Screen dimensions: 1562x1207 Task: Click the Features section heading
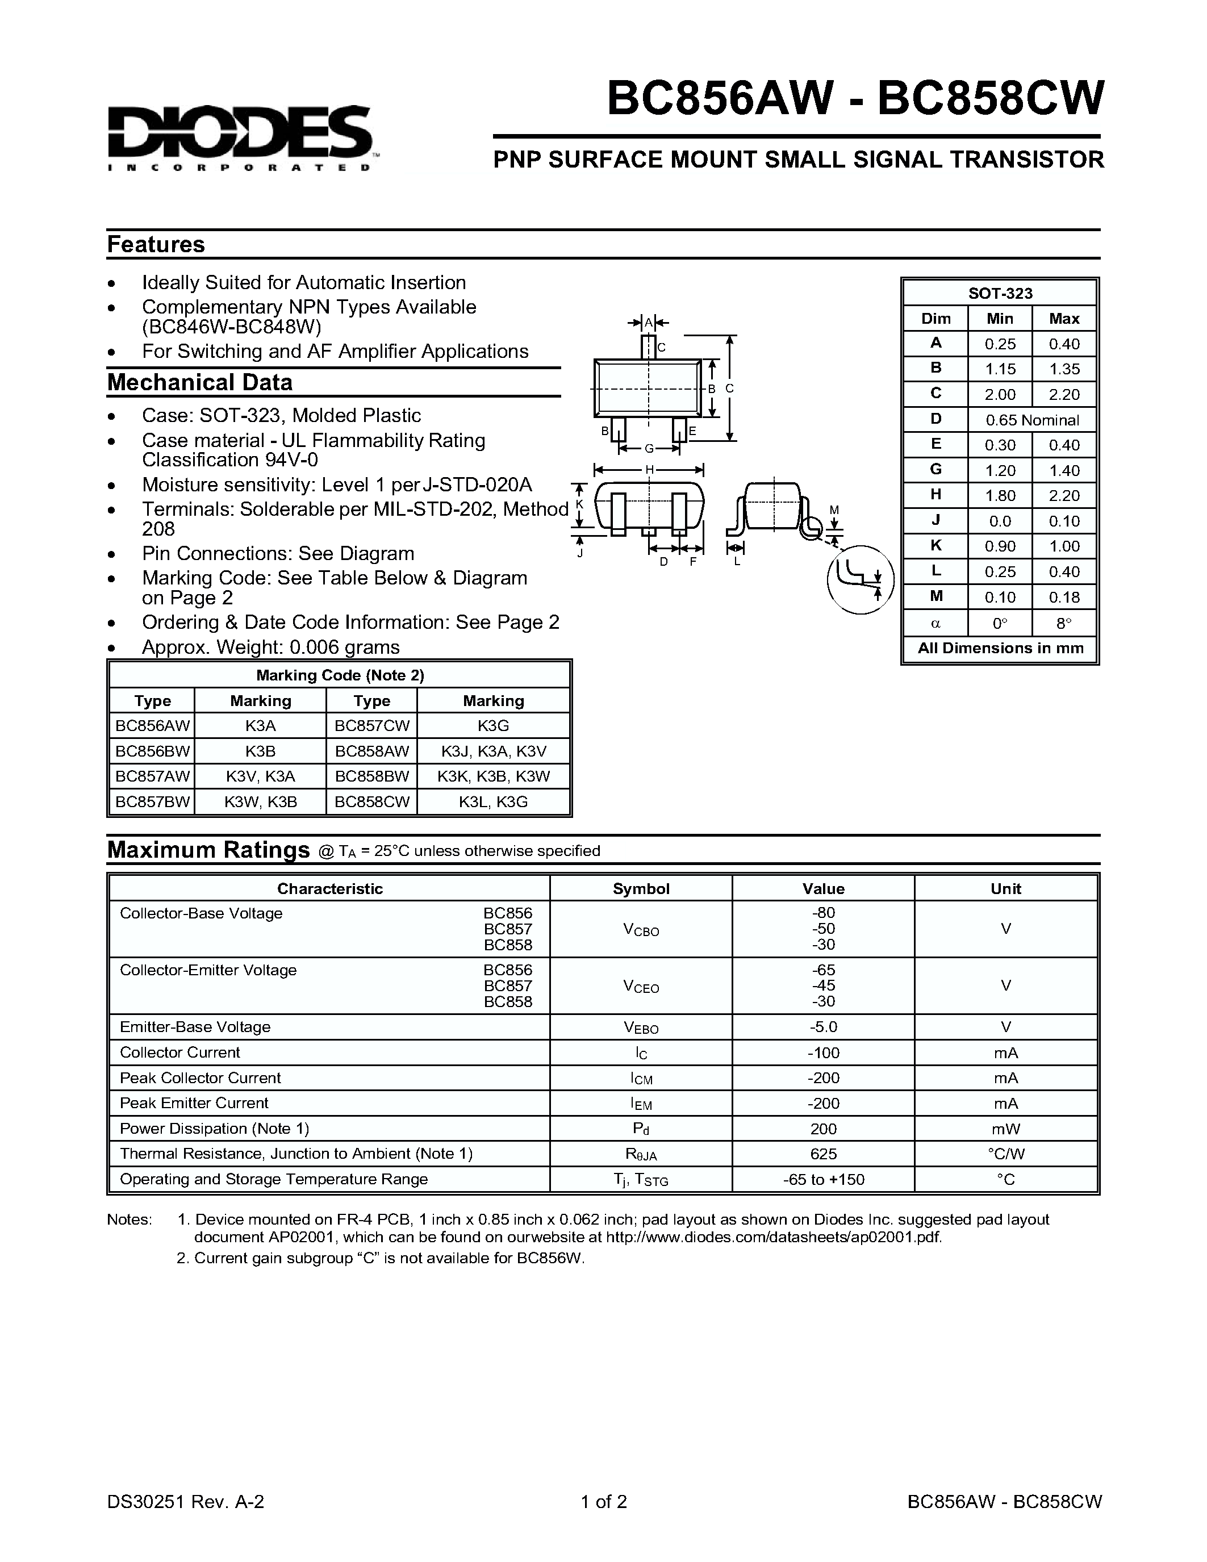pyautogui.click(x=156, y=245)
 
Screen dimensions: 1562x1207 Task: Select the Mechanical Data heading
pyautogui.click(x=199, y=383)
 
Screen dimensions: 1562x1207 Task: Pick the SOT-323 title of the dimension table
pyautogui.click(x=1000, y=293)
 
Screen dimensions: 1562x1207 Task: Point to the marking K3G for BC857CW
pyautogui.click(x=494, y=726)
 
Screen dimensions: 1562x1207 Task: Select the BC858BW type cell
pyautogui.click(x=372, y=776)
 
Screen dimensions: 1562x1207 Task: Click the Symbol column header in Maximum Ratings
pyautogui.click(x=641, y=888)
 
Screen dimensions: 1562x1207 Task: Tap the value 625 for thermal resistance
pyautogui.click(x=823, y=1154)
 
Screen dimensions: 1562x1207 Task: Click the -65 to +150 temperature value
pyautogui.click(x=823, y=1179)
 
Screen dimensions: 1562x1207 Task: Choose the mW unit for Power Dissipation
pyautogui.click(x=1005, y=1129)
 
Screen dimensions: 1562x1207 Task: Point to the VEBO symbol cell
pyautogui.click(x=641, y=1028)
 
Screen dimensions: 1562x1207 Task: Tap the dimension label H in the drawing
pyautogui.click(x=649, y=470)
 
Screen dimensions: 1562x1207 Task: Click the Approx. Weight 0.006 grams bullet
pyautogui.click(x=270, y=648)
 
